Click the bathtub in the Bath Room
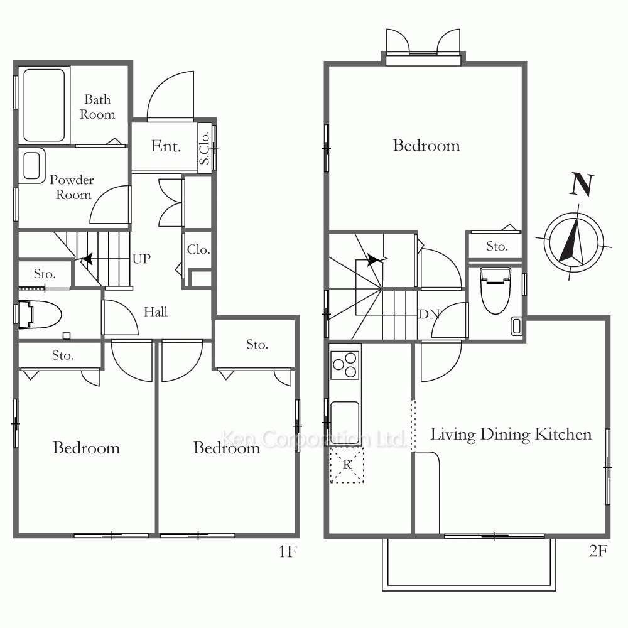click(x=44, y=106)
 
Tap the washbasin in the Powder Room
click(x=31, y=166)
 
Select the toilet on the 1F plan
click(x=39, y=315)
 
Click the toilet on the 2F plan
click(x=495, y=290)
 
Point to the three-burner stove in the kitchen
click(x=345, y=365)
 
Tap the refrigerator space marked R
click(x=347, y=465)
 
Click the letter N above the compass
click(x=582, y=185)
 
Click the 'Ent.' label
click(x=166, y=146)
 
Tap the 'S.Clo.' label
click(x=205, y=148)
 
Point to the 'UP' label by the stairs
click(x=141, y=259)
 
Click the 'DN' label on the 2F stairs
click(x=429, y=315)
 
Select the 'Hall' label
click(x=155, y=312)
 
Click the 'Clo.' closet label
click(x=198, y=249)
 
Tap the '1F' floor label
click(x=288, y=552)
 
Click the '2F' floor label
click(x=598, y=551)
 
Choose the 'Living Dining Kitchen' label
click(x=511, y=435)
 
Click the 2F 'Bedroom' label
click(x=426, y=146)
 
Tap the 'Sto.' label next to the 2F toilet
click(x=497, y=246)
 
